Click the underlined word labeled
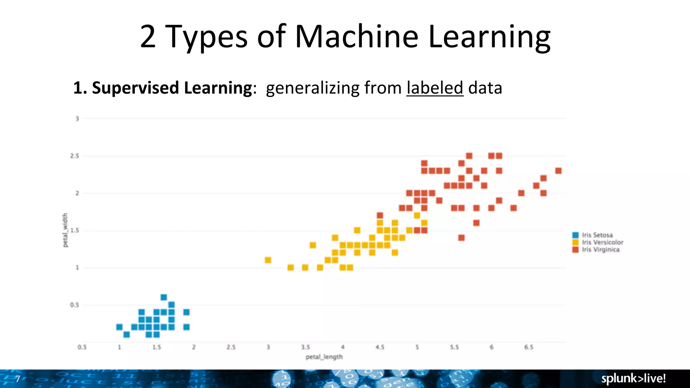point(435,88)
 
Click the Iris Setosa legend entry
point(597,235)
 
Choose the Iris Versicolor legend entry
point(602,243)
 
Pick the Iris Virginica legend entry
point(600,250)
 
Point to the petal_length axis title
point(324,357)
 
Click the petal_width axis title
point(65,230)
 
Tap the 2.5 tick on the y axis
point(74,156)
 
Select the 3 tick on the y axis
point(77,119)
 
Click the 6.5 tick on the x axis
point(529,347)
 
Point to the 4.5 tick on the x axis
point(380,347)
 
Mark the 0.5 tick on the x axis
point(82,347)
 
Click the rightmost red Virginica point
point(558,171)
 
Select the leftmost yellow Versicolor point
point(268,260)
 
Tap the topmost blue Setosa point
point(164,297)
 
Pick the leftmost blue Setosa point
point(119,327)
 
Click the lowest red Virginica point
point(462,238)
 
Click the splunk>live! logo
point(633,379)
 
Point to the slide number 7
point(18,379)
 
